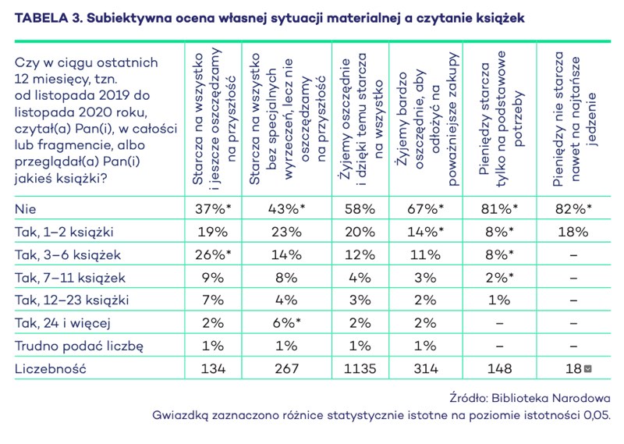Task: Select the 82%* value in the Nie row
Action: (573, 209)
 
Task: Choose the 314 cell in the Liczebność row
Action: (427, 368)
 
